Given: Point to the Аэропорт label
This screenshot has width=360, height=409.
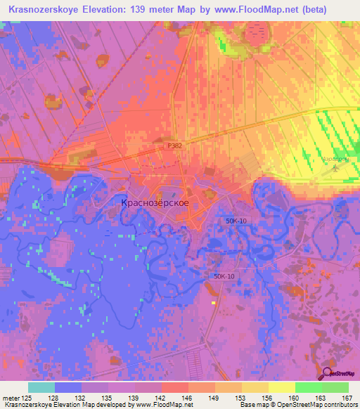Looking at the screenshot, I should (335, 160).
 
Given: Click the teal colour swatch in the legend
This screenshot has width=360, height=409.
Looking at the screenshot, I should (41, 387).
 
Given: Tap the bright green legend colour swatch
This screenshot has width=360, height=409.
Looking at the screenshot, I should (309, 387).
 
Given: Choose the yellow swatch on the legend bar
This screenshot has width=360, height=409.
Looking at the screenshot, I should (282, 387).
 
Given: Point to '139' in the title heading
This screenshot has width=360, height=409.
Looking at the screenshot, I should (160, 9).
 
